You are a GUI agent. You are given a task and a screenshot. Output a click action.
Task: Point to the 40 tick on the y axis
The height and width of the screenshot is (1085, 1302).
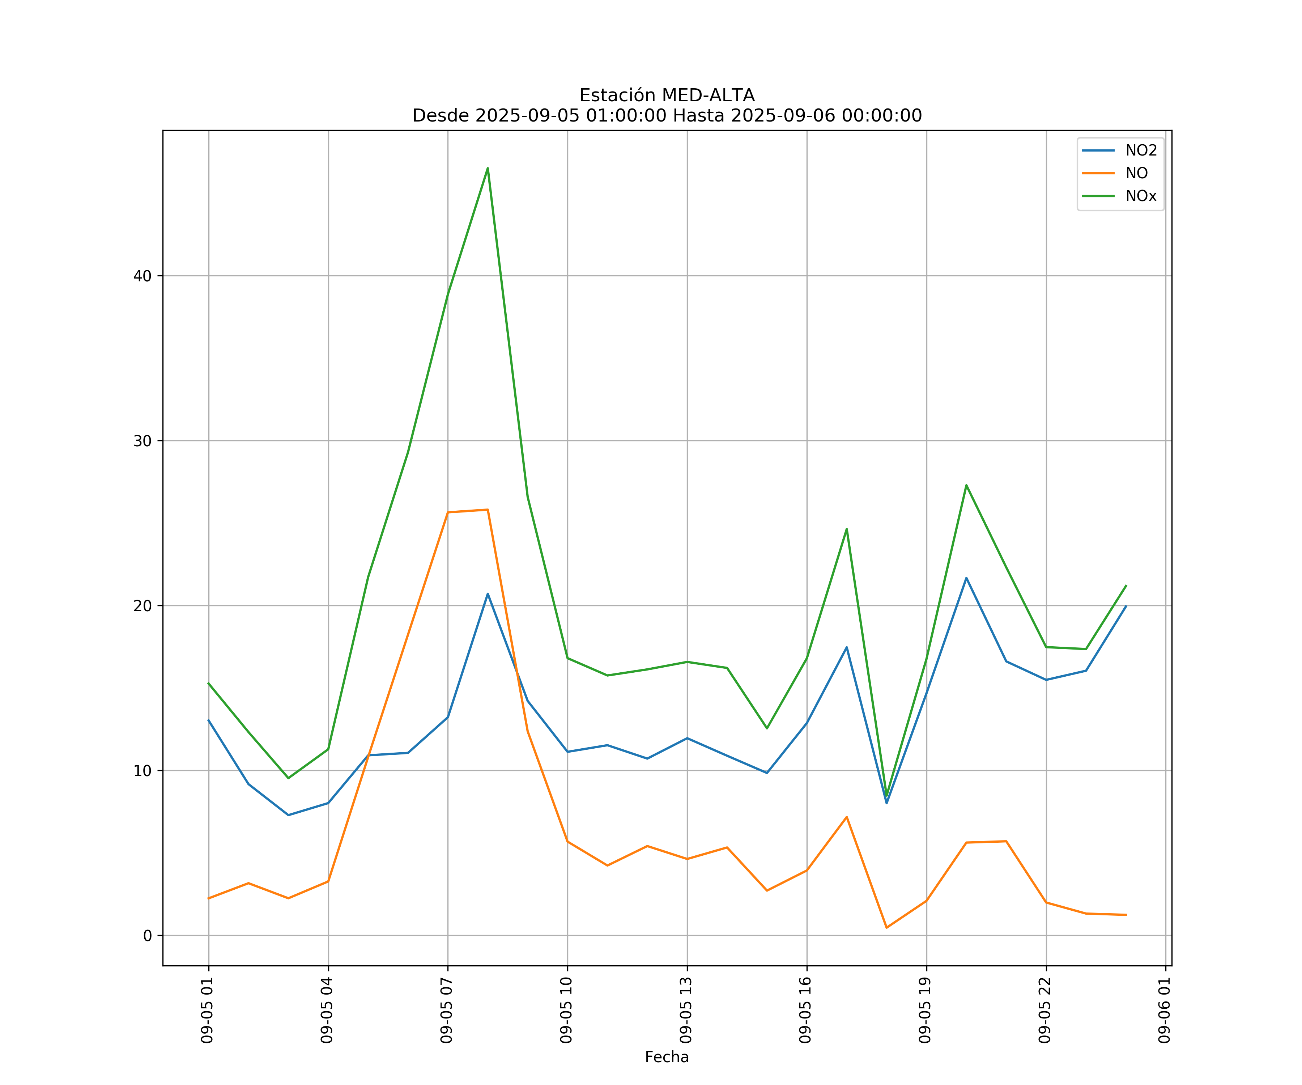pos(142,276)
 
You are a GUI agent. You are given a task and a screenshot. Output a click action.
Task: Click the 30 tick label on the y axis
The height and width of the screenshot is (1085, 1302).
pos(142,441)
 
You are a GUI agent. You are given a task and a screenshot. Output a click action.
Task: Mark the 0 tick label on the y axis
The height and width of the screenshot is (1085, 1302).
pos(147,936)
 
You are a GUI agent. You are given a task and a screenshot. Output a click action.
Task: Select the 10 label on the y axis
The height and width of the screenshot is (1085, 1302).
pos(142,771)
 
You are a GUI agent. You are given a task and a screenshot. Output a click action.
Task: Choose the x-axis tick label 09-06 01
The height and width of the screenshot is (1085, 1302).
pos(1164,1010)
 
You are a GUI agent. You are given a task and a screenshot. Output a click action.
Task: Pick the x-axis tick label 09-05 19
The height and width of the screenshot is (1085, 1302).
pos(926,1010)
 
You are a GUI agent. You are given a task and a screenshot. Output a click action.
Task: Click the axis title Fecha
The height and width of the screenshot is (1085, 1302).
pos(667,1057)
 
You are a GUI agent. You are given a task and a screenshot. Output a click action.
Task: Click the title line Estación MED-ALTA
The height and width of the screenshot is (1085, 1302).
pos(667,95)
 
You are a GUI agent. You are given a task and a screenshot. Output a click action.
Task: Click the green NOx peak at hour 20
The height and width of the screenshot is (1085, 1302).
pos(966,485)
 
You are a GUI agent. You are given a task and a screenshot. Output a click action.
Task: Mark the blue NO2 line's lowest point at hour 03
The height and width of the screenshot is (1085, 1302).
pos(288,815)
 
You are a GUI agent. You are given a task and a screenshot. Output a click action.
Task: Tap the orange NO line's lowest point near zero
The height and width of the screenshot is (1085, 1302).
pos(886,928)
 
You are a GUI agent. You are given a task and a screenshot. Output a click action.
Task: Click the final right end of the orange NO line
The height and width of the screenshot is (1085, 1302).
pos(1126,915)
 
